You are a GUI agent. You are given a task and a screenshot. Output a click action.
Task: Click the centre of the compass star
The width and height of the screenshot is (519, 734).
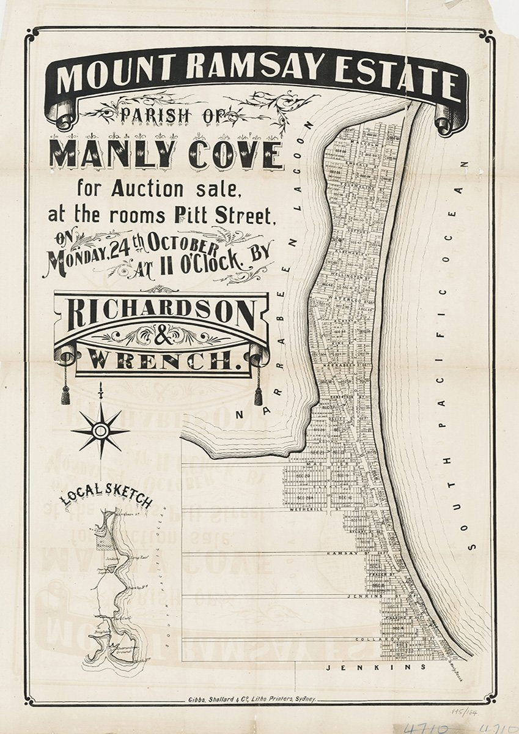tap(100, 432)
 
